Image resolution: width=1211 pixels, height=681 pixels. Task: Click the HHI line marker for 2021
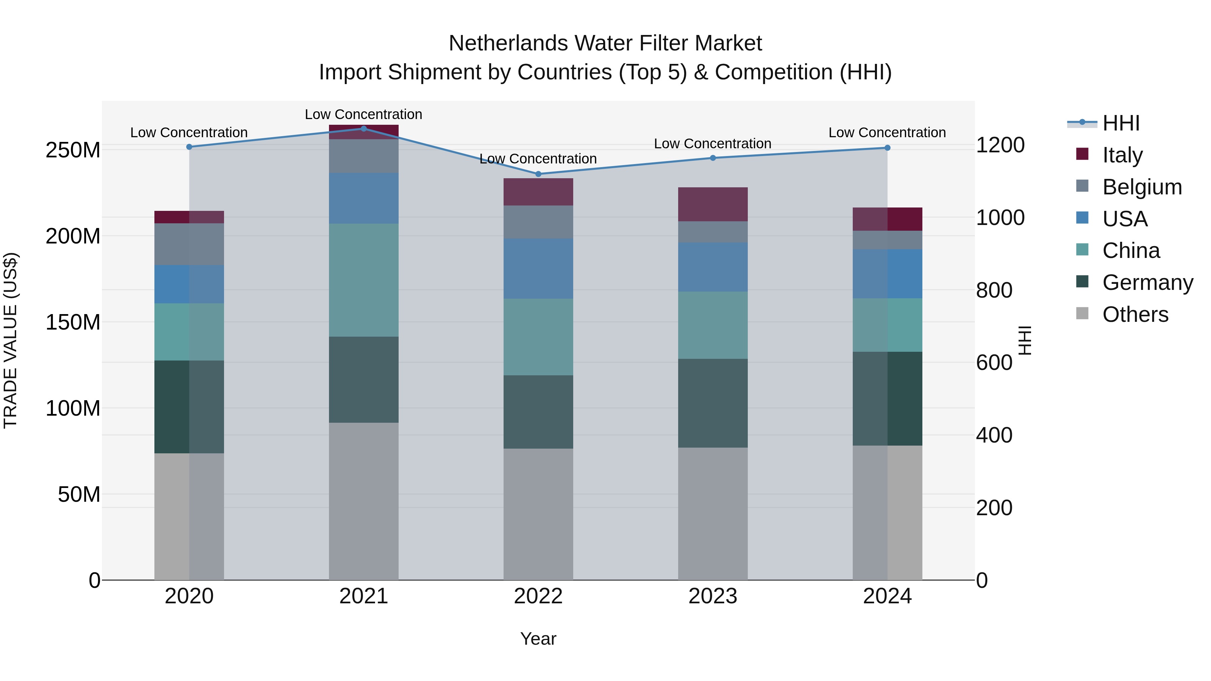363,128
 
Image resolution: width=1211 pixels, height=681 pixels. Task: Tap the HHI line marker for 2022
538,174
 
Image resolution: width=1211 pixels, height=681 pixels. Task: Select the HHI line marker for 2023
713,158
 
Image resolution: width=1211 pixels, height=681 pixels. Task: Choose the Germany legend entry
1147,282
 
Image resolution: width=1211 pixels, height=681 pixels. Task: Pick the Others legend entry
1135,314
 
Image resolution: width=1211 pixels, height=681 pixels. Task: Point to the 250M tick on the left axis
73,150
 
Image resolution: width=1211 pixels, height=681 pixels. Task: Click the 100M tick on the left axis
73,408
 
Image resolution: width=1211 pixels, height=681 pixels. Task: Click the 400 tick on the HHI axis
994,435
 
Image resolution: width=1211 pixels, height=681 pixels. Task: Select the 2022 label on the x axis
538,596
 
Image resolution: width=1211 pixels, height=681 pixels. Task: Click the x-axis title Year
538,639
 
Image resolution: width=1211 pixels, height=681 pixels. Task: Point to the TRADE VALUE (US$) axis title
10,340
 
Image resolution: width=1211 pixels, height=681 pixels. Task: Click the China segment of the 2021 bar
363,280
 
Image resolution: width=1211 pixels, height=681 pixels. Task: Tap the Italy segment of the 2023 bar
713,204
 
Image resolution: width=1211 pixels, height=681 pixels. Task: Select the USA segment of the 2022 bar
538,268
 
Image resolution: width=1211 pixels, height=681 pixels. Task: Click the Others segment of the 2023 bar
713,513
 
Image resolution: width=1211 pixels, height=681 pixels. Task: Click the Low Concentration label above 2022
538,159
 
